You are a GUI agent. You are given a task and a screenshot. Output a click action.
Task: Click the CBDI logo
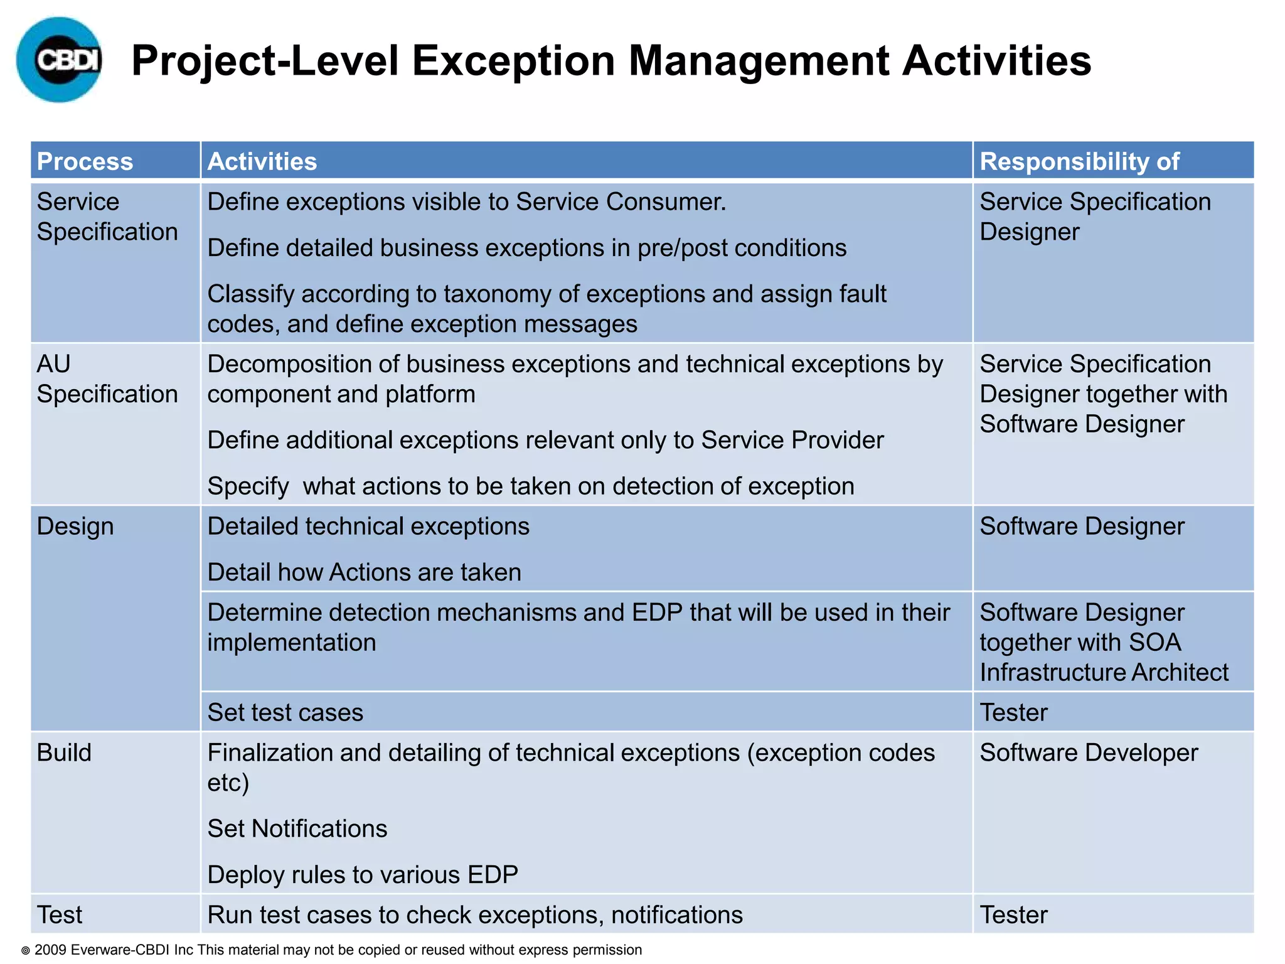[x=60, y=60]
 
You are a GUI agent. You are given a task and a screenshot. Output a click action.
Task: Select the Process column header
[x=85, y=161]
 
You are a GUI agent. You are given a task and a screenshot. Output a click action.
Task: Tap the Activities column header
[x=262, y=161]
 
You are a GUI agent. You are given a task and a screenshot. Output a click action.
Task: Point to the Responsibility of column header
[x=1079, y=161]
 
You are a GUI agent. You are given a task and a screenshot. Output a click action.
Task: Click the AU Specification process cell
[x=107, y=379]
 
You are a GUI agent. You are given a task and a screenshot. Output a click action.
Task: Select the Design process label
[x=75, y=527]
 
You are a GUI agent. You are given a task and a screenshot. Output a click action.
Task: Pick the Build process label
[x=64, y=752]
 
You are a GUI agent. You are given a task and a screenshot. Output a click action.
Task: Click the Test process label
[x=60, y=915]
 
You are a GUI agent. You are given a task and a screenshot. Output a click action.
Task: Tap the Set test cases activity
[x=285, y=712]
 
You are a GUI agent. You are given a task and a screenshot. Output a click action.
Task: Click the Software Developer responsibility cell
[x=1089, y=752]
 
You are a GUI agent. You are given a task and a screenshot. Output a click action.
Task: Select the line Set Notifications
[x=297, y=829]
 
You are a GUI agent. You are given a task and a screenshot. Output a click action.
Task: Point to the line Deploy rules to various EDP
[x=363, y=875]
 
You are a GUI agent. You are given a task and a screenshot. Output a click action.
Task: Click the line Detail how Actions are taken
[x=365, y=572]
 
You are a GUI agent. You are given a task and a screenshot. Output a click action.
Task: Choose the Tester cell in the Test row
[x=1014, y=915]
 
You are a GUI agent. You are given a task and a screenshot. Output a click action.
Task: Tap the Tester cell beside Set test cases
[x=1014, y=712]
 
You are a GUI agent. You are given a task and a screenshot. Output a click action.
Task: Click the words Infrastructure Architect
[x=1104, y=673]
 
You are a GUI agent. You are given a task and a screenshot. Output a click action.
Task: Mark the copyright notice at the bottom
[x=332, y=950]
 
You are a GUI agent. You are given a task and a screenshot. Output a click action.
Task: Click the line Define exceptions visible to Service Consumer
[x=467, y=202]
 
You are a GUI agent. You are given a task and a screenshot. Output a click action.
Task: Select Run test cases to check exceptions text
[x=475, y=915]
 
